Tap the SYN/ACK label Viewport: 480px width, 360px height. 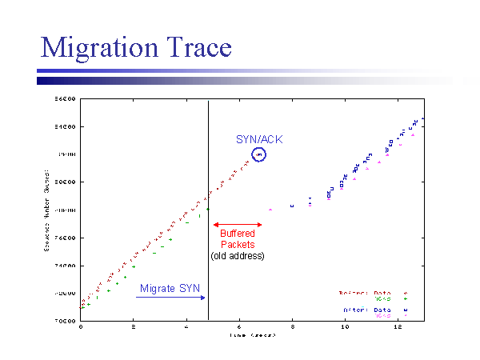point(258,138)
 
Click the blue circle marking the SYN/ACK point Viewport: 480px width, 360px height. point(258,154)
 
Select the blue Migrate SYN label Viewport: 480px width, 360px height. point(170,288)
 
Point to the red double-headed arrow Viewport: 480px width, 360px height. point(237,225)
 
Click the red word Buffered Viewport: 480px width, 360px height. point(237,234)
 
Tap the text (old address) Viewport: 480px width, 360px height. point(237,255)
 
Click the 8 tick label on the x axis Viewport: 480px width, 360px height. point(292,326)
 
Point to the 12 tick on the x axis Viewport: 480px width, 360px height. point(398,326)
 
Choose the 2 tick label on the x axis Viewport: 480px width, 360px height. point(134,326)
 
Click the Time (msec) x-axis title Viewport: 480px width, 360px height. point(251,336)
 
